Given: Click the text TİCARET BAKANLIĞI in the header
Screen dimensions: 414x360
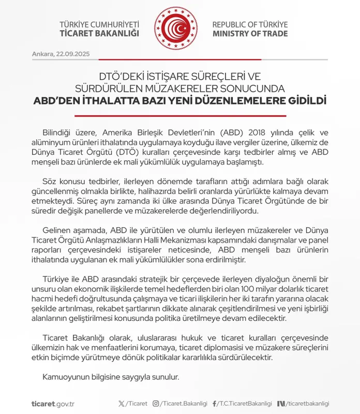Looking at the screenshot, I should coord(100,34).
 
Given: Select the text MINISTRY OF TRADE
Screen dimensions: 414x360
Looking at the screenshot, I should coord(250,34).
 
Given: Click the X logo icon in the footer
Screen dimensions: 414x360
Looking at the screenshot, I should coord(121,404).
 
